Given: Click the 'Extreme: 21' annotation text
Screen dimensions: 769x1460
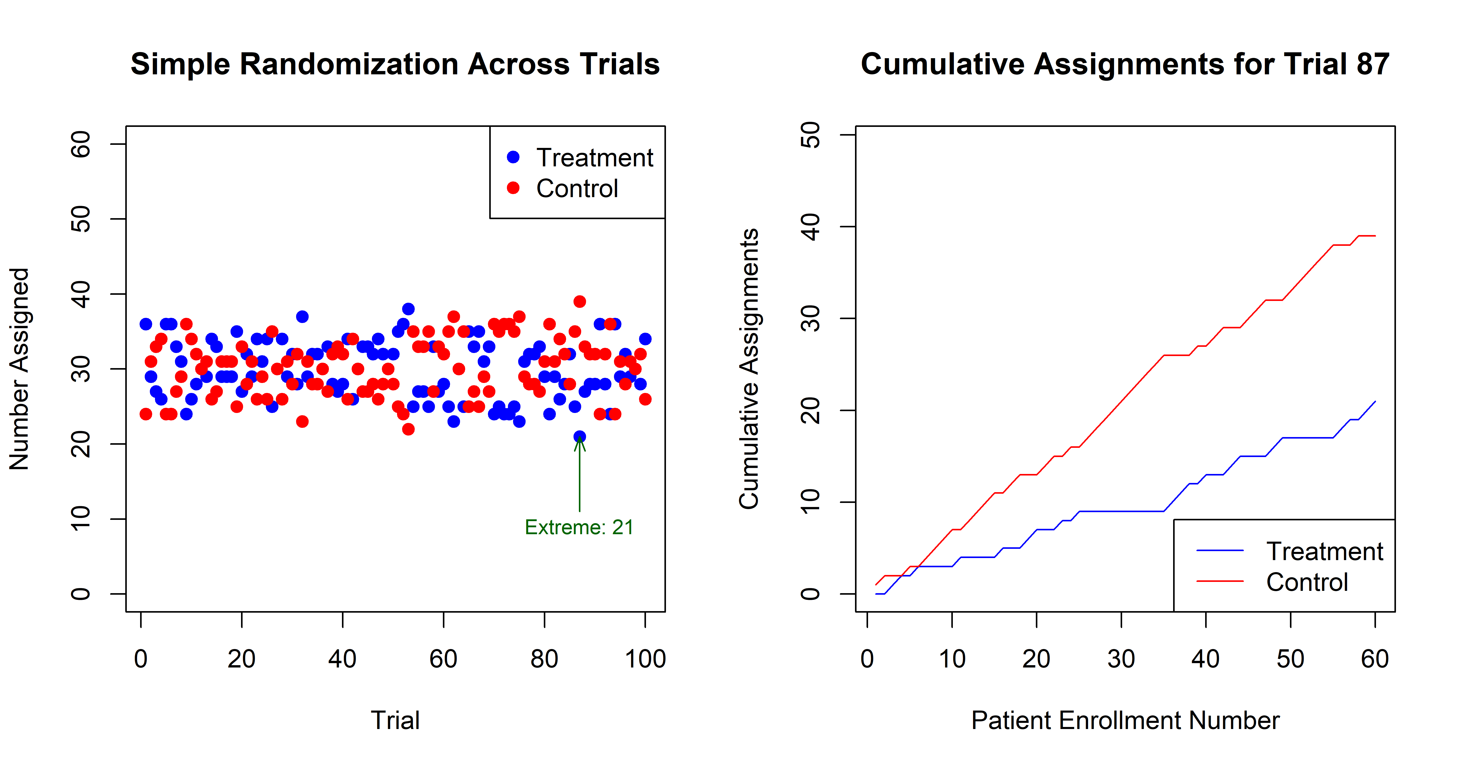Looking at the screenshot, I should pyautogui.click(x=579, y=528).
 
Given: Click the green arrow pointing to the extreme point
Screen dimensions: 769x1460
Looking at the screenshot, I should pyautogui.click(x=579, y=476).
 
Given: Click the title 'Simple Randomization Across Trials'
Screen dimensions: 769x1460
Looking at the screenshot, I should pyautogui.click(x=395, y=64).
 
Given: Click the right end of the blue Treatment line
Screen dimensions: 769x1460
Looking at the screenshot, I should pyautogui.click(x=1374, y=401).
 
